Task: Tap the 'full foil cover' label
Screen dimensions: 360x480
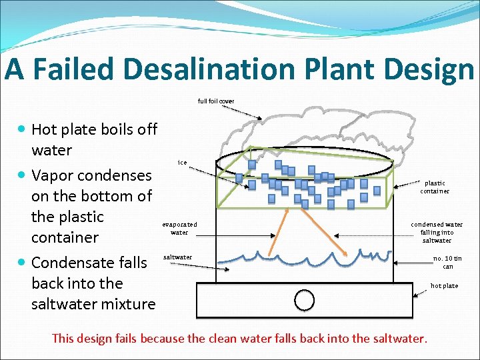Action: (x=216, y=101)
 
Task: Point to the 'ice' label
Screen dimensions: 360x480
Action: (x=182, y=162)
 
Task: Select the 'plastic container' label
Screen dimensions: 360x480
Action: (x=435, y=187)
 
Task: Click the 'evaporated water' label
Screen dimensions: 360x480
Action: (x=179, y=229)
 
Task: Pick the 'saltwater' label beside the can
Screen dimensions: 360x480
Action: (x=177, y=257)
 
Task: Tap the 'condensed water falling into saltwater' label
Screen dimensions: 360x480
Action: (x=436, y=232)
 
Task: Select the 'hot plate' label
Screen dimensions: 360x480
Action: (x=444, y=286)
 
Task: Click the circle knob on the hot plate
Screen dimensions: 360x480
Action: (x=305, y=301)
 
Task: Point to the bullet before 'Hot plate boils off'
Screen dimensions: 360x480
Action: (x=23, y=129)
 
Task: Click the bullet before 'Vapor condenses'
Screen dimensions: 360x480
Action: (x=23, y=175)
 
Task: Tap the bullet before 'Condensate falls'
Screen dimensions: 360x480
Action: (x=23, y=263)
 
